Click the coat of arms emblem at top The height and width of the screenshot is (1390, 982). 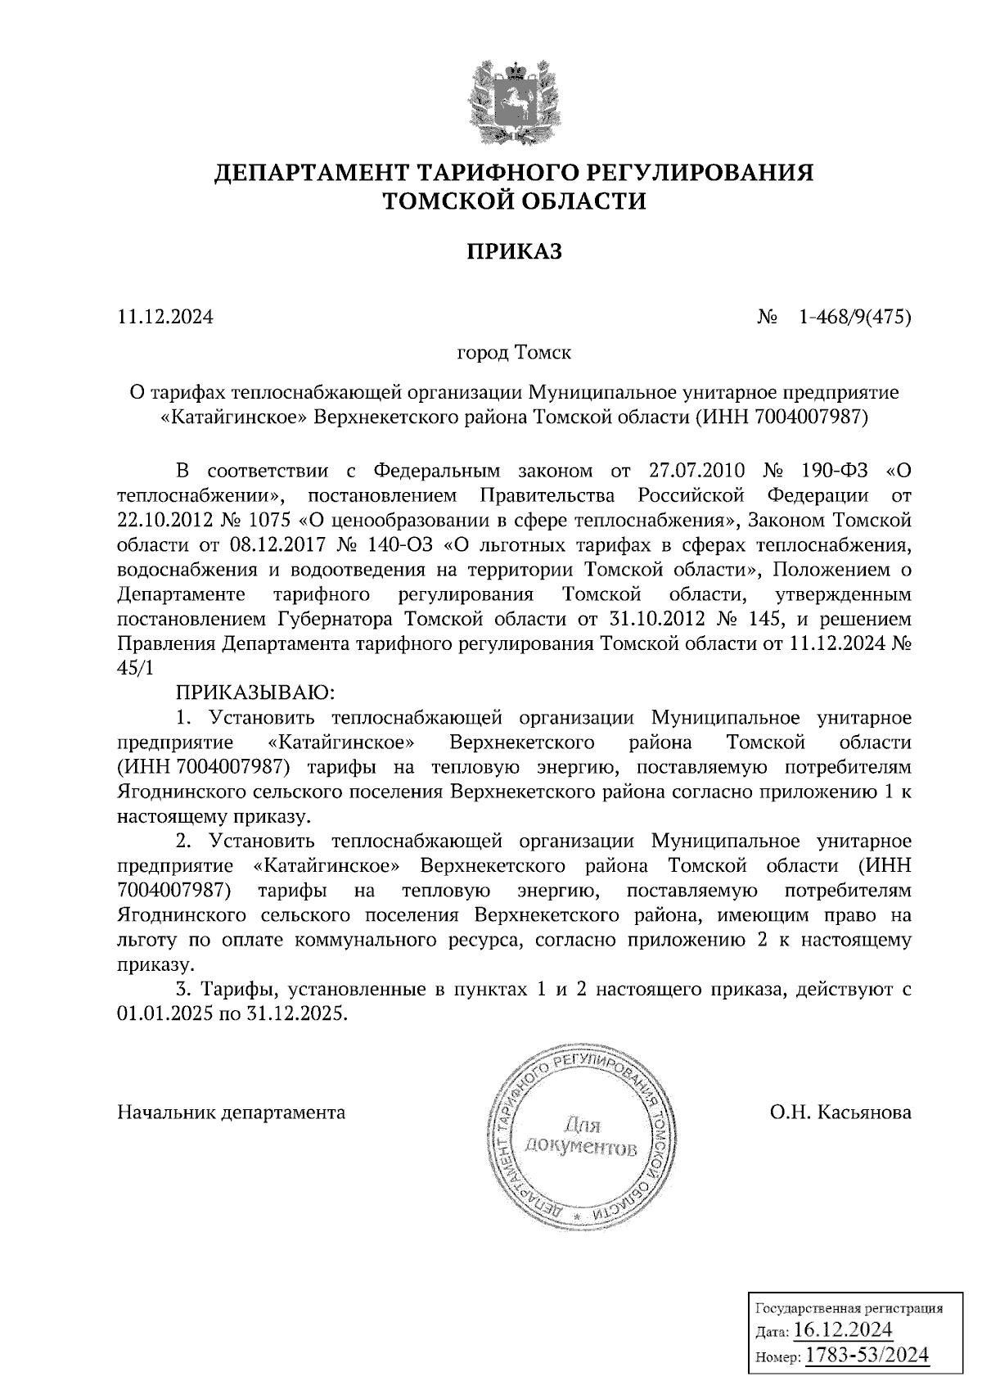515,102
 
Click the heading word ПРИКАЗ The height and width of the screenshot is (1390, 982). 515,251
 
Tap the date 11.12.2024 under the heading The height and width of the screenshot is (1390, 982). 165,316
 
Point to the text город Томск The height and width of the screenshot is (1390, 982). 514,354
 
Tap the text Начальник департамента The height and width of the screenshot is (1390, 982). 232,1112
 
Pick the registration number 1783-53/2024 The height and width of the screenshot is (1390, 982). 867,1354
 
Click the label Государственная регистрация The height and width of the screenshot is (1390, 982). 848,1307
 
